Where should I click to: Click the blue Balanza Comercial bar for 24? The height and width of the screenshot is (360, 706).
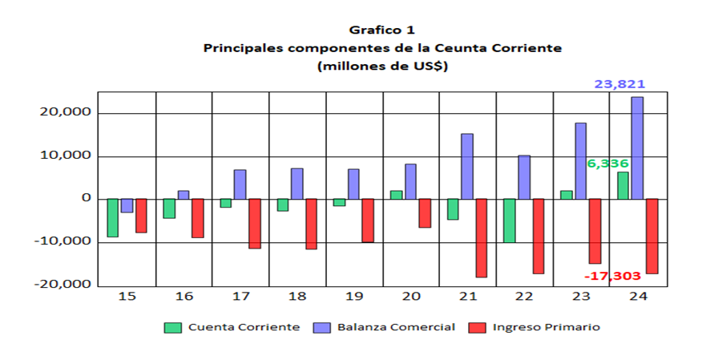point(637,148)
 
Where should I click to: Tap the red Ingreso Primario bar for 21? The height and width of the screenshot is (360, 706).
point(481,237)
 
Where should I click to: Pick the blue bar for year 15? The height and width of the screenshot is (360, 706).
point(127,205)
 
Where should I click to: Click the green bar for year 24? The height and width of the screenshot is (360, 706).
point(623,185)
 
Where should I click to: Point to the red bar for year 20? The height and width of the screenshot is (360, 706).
point(424,212)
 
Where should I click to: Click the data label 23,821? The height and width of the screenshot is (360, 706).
point(619,84)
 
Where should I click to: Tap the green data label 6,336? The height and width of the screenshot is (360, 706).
point(607,164)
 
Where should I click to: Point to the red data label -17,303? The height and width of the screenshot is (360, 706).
point(613,276)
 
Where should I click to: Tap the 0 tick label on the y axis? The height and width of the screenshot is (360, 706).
point(86,199)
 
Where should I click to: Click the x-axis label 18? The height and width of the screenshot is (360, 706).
point(297,297)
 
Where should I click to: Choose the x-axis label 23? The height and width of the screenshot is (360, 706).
point(580,297)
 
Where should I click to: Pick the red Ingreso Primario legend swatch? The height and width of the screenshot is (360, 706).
point(478,327)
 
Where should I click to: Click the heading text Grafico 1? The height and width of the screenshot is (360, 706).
point(381,31)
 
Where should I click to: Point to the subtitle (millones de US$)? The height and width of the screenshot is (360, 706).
point(382,66)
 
